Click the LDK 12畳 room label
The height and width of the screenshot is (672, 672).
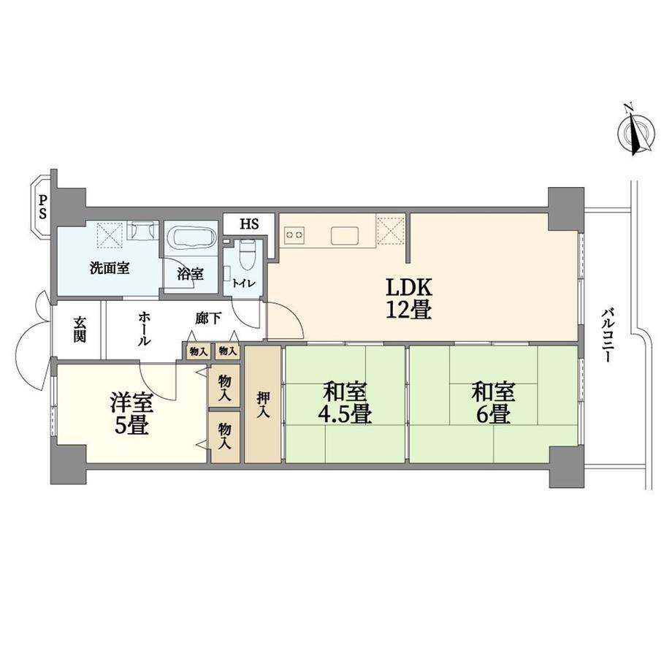408,299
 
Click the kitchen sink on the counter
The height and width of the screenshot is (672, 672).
345,236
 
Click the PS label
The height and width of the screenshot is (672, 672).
43,207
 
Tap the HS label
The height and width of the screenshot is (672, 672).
249,224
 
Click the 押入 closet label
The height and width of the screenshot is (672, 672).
263,404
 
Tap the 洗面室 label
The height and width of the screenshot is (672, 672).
110,269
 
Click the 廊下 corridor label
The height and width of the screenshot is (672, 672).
208,318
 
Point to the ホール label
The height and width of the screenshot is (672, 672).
144,329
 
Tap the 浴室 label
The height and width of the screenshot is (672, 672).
191,273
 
